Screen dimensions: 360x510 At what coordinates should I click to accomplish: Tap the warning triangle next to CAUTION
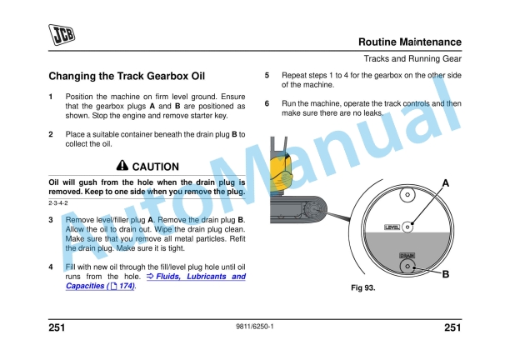[x=122, y=166]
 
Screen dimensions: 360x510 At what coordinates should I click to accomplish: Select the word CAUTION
[x=156, y=167]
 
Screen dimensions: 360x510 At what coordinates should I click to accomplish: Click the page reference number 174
[x=126, y=286]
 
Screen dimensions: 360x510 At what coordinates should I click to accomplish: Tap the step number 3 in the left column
[x=51, y=219]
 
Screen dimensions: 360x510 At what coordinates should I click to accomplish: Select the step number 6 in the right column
[x=267, y=104]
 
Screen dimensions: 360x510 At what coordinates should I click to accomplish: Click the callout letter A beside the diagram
[x=446, y=182]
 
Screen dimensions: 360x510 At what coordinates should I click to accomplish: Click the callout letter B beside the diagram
[x=446, y=272]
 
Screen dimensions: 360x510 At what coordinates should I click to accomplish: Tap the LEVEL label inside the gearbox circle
[x=391, y=227]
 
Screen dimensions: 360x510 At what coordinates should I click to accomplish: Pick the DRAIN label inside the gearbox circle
[x=407, y=256]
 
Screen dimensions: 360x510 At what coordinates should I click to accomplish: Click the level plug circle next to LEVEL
[x=407, y=226]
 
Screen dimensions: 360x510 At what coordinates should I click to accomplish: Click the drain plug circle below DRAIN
[x=407, y=267]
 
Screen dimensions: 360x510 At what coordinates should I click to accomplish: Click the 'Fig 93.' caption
[x=364, y=288]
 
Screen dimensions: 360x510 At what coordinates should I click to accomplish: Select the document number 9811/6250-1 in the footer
[x=255, y=327]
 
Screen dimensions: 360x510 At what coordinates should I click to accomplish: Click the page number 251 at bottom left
[x=58, y=327]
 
